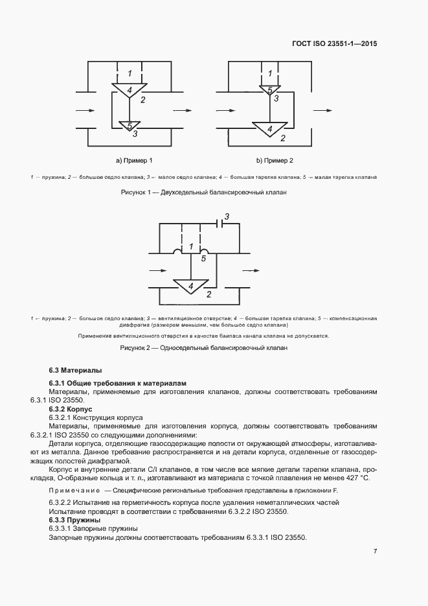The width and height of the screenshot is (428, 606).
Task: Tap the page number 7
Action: (x=375, y=552)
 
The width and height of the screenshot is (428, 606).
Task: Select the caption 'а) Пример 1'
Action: (x=134, y=160)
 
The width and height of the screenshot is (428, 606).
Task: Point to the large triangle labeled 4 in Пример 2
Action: (x=269, y=129)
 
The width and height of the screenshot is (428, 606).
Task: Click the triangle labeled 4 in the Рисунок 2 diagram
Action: (x=190, y=286)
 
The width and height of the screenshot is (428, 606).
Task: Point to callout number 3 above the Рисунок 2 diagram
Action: (x=227, y=216)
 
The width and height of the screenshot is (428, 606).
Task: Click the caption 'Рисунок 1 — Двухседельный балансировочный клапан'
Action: (x=203, y=192)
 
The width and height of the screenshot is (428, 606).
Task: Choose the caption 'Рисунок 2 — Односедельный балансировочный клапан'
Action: (x=203, y=348)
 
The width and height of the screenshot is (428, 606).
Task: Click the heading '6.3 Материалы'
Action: (x=75, y=370)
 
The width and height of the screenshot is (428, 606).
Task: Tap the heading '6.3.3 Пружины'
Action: (x=74, y=520)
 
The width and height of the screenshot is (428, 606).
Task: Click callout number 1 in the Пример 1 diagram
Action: (x=130, y=73)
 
